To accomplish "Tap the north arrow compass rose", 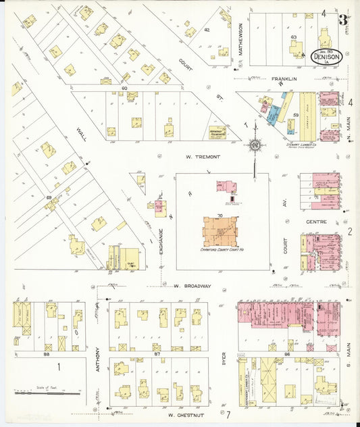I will point(255,144).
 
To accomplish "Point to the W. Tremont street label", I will point(203,157).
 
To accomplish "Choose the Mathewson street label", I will point(240,39).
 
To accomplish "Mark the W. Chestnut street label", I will point(186,414).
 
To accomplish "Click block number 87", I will point(157,354).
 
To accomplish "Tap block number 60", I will point(124,89).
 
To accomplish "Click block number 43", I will point(293,37).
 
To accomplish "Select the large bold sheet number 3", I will point(343,20).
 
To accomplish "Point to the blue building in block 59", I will point(273,116).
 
